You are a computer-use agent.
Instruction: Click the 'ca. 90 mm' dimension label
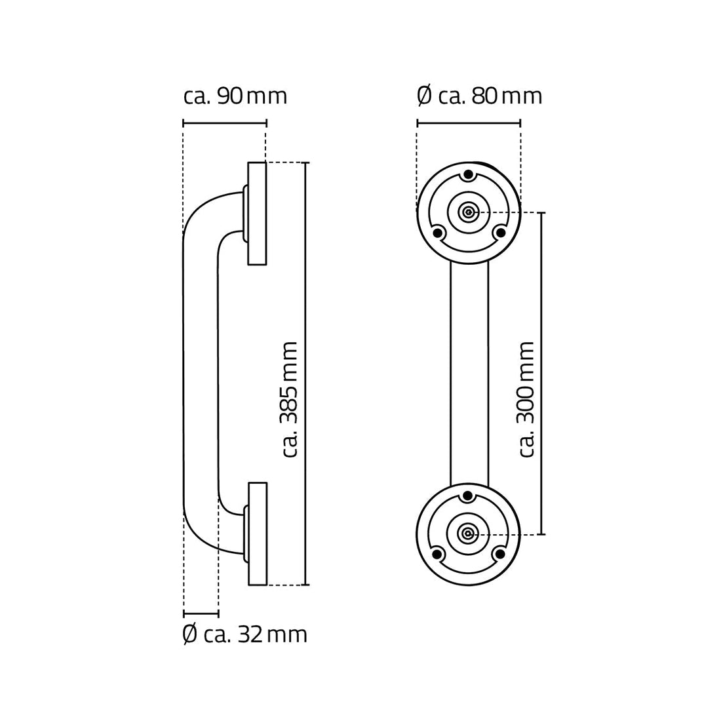point(235,96)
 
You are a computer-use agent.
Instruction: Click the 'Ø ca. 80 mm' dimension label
point(480,96)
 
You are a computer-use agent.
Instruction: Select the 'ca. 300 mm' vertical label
point(527,399)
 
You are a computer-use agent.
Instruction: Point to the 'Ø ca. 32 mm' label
point(244,634)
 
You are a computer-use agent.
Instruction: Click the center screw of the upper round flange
point(468,212)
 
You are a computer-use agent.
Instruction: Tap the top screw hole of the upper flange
point(468,175)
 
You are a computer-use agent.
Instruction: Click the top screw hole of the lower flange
point(468,496)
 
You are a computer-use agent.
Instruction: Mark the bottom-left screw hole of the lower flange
point(437,553)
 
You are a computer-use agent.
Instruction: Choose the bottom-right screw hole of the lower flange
point(499,553)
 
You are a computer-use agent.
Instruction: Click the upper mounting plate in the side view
point(257,213)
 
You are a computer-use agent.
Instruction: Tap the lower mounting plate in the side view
point(257,534)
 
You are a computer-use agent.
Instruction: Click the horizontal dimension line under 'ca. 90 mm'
point(225,123)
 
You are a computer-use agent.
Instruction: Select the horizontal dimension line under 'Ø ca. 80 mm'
point(469,123)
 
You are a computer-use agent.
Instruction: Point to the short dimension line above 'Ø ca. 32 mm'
point(201,614)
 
